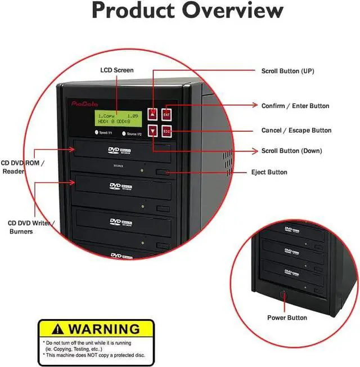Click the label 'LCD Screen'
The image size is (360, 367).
(117, 70)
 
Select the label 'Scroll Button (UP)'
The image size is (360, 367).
(287, 71)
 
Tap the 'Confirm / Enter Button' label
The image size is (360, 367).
(295, 106)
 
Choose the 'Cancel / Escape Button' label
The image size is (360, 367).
(296, 130)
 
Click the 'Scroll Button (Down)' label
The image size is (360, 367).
(291, 151)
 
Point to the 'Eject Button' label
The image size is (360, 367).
(269, 172)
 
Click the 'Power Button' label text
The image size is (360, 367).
(287, 318)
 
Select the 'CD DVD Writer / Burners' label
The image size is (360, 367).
(29, 227)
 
